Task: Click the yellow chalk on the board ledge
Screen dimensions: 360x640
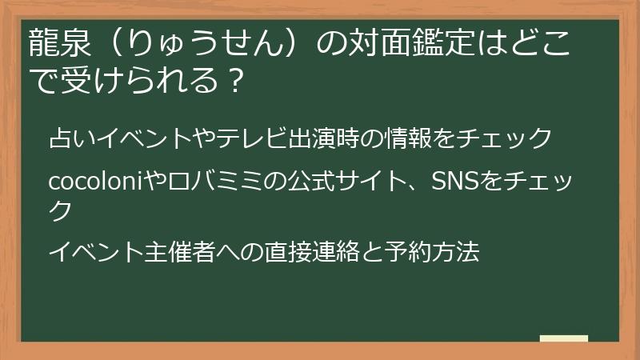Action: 564,338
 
